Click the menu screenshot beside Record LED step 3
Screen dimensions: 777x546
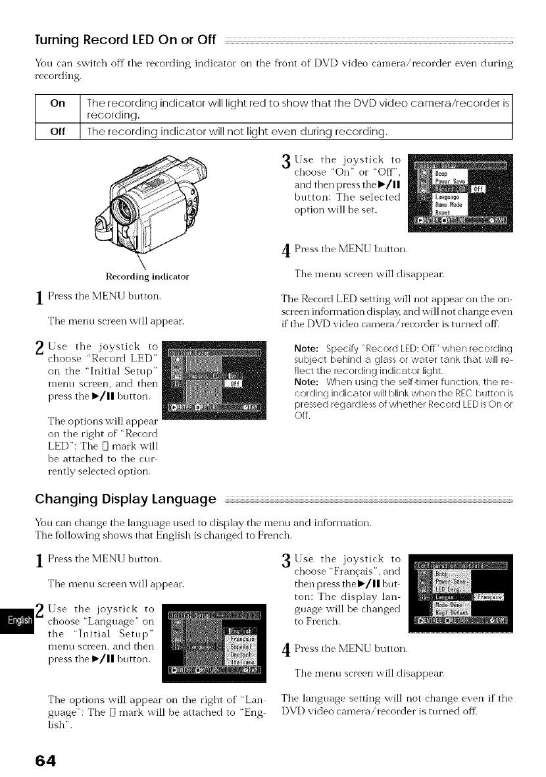(x=459, y=196)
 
